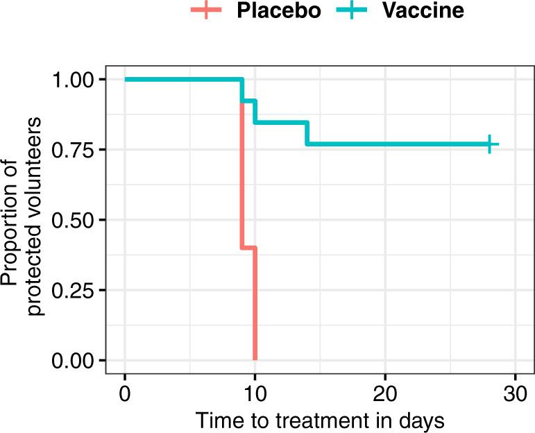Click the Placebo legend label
point(278,12)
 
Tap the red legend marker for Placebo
point(206,11)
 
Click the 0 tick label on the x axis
point(125,393)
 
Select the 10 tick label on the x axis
point(255,393)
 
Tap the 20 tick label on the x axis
point(385,393)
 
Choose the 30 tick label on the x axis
point(515,393)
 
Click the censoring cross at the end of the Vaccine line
point(489,144)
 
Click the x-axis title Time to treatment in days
point(319,420)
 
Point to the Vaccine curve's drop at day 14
point(307,133)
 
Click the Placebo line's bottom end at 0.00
point(255,359)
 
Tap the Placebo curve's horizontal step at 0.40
point(248,248)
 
